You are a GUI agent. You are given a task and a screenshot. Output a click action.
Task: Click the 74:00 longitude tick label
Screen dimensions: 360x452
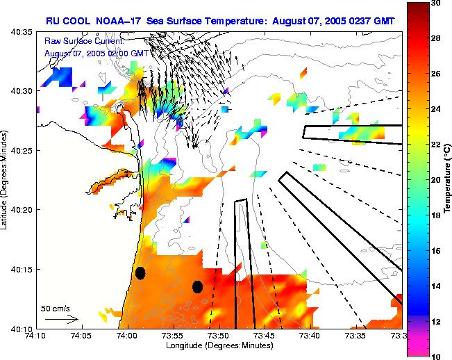[x=126, y=335]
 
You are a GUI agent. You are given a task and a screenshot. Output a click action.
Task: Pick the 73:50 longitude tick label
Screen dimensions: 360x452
[x=217, y=335]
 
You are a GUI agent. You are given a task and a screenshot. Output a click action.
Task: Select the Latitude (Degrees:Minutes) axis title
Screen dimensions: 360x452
[x=6, y=179]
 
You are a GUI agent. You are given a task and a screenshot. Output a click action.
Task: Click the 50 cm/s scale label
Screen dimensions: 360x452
[x=56, y=308]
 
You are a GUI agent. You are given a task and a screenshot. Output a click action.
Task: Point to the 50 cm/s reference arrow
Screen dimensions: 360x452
[x=61, y=319]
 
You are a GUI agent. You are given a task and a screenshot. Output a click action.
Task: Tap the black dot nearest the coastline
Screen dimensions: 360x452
[x=140, y=273]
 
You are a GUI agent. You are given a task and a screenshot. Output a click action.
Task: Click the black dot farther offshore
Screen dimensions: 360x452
[x=197, y=286]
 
